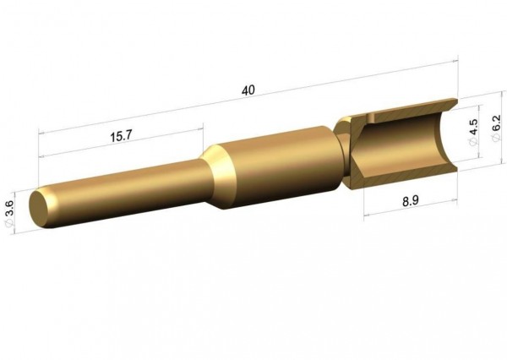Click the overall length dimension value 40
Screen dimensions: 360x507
click(248, 90)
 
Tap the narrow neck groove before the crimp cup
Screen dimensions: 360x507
click(341, 152)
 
